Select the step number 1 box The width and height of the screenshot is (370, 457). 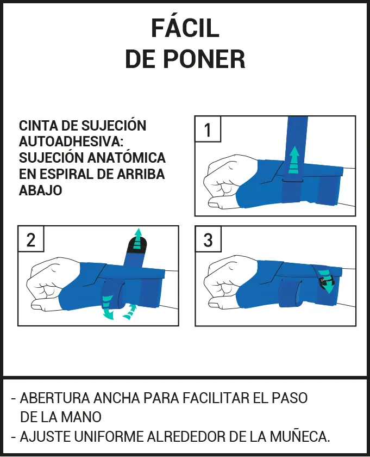[208, 129]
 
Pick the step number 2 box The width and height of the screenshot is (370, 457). [31, 239]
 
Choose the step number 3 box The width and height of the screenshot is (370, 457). [208, 239]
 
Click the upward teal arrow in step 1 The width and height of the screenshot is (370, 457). [294, 160]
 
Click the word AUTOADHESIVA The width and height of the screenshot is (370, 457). [71, 142]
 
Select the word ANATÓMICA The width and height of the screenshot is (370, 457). [127, 158]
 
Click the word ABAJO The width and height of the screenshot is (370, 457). [40, 190]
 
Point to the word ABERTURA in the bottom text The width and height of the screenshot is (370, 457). [55, 398]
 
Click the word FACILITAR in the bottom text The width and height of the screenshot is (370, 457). [215, 398]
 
